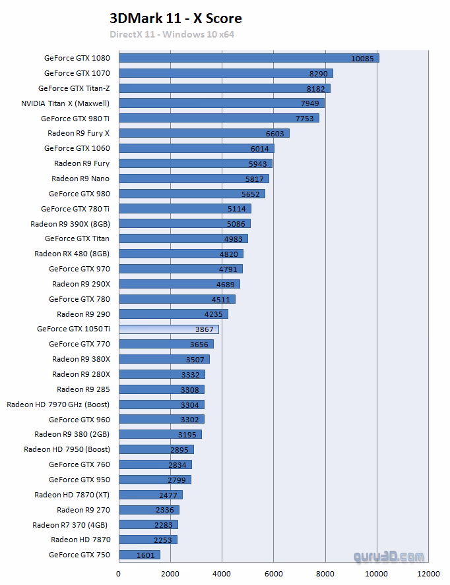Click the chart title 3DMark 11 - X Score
[x=176, y=19]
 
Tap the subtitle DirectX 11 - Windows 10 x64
[x=172, y=34]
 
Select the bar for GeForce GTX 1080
[x=249, y=58]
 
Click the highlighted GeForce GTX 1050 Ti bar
[x=168, y=329]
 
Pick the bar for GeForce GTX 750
[x=139, y=555]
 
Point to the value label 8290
[x=318, y=74]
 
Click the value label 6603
[x=274, y=134]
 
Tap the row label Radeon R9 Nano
[x=80, y=179]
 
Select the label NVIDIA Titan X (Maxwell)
[x=65, y=103]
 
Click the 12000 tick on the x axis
[x=430, y=573]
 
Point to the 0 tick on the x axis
[x=119, y=573]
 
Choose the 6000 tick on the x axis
[x=274, y=573]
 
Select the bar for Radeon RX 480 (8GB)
[x=180, y=254]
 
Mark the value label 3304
[x=189, y=404]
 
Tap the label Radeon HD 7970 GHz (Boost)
[x=58, y=404]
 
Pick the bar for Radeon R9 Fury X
[x=204, y=133]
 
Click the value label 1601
[x=146, y=555]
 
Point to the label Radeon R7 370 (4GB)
[x=71, y=525]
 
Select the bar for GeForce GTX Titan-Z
[x=224, y=88]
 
